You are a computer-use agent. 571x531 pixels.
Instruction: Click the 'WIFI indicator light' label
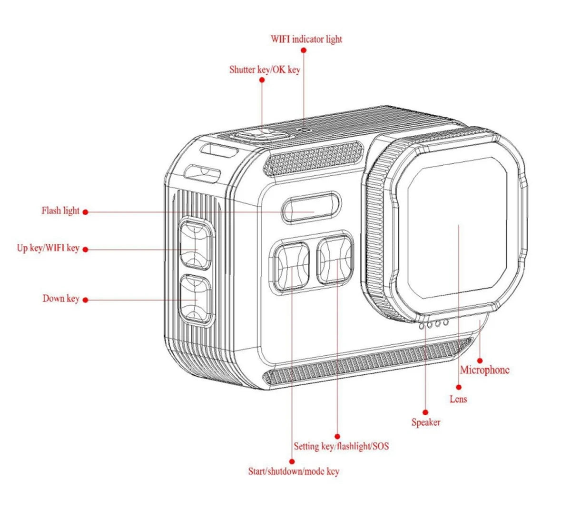pos(306,39)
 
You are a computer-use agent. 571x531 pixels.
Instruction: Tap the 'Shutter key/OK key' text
pos(265,70)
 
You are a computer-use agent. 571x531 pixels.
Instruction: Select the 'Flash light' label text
pos(60,210)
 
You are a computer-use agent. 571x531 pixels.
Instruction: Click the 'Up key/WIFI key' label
pos(48,248)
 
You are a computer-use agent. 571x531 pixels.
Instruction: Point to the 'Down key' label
pos(61,299)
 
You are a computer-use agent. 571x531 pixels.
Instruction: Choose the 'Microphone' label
pos(484,370)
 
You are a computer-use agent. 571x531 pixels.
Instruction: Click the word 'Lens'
pos(458,399)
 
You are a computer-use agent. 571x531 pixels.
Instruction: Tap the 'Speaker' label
pos(426,422)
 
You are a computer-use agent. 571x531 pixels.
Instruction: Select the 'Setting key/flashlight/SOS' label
pos(341,446)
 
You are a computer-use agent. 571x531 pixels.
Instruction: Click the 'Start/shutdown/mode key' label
pos(294,471)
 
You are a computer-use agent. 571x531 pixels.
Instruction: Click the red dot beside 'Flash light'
pos(85,211)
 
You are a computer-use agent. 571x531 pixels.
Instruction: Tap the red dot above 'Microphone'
pos(480,361)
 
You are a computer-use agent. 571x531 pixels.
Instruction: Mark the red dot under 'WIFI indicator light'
pos(304,50)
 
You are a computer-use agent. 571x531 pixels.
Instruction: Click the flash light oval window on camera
pos(311,208)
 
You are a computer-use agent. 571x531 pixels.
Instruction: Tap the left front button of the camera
pos(291,267)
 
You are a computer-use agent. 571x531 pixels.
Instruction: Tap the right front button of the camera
pos(335,260)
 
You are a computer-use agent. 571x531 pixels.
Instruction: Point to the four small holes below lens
pos(433,324)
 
